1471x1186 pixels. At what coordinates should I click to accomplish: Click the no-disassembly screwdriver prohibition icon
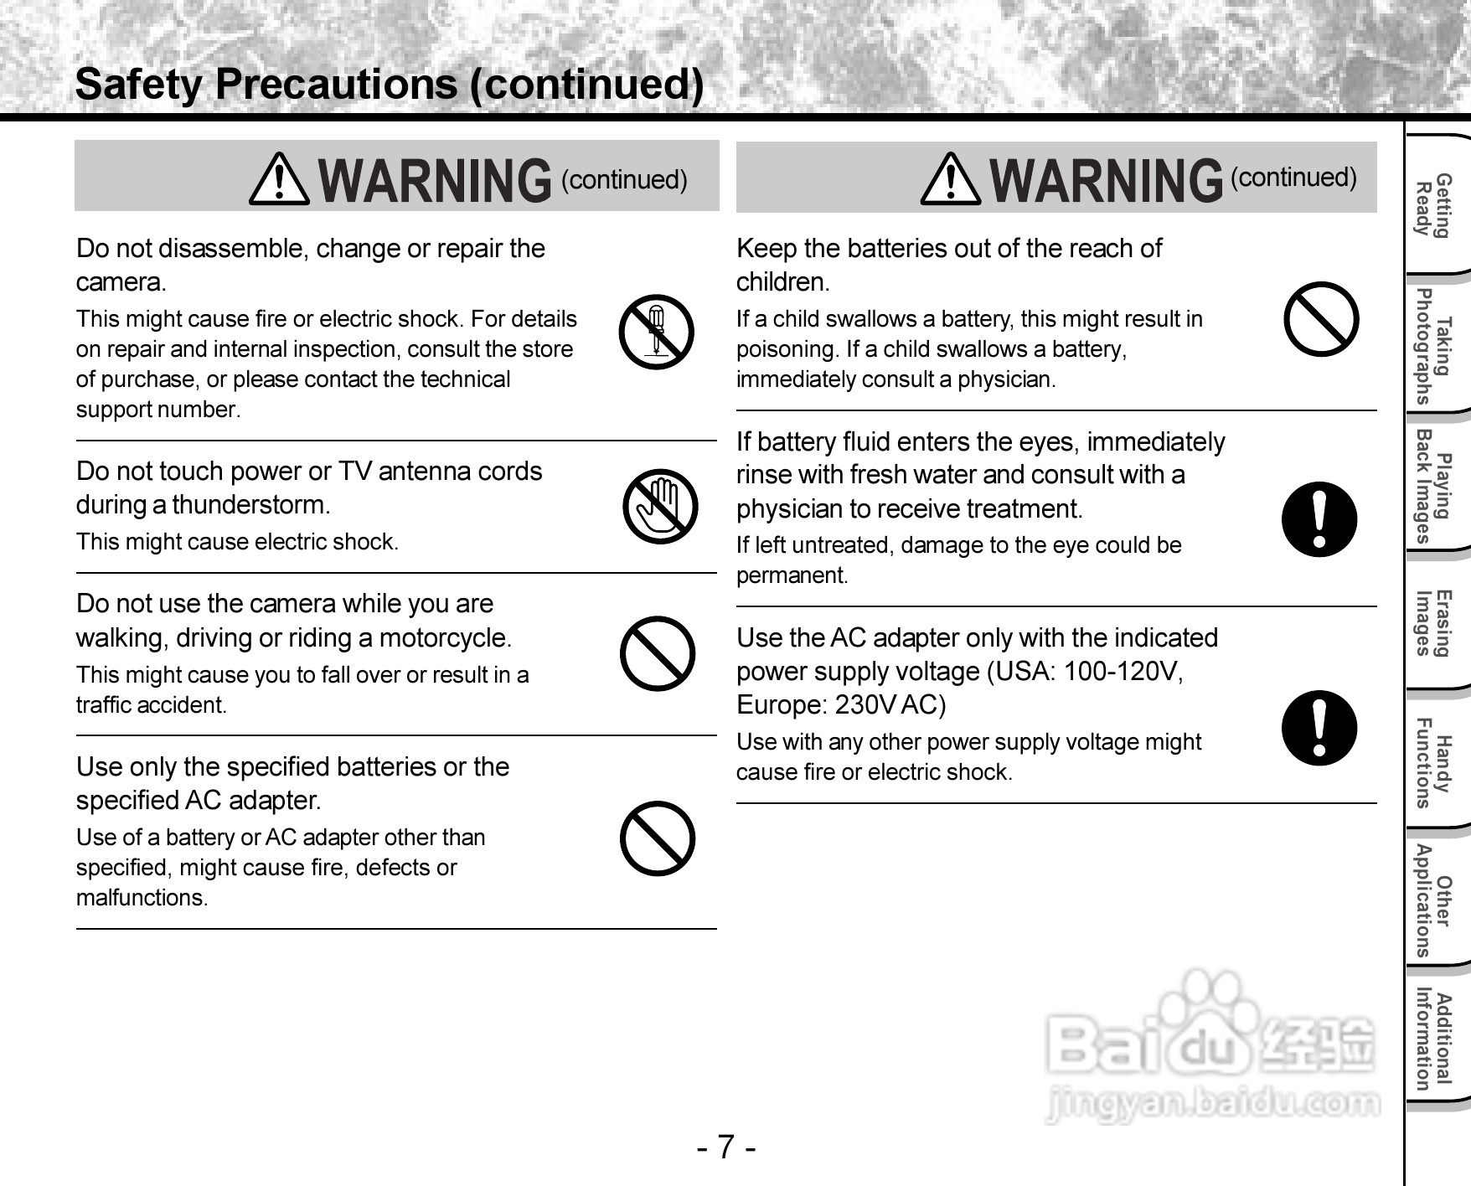coord(657,333)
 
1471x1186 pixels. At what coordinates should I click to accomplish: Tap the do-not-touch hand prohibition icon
coord(660,506)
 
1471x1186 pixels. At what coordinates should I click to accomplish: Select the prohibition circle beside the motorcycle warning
coord(658,653)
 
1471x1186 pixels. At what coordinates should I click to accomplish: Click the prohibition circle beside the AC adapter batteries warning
coord(658,838)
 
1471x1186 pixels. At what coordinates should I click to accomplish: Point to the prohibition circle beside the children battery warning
coord(1321,319)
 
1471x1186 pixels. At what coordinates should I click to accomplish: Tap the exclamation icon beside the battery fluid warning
coord(1319,519)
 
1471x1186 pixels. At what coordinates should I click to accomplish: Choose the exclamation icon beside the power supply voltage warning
coord(1319,727)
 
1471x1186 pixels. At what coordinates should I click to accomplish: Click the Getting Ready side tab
coord(1433,206)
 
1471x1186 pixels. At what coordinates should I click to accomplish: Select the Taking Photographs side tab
coord(1433,345)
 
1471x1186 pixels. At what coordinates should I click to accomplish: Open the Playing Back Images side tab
coord(1433,486)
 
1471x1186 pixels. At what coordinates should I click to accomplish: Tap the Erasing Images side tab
coord(1433,622)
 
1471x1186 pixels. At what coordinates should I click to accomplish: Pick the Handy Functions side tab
coord(1433,762)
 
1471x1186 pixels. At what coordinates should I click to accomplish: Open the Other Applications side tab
coord(1433,900)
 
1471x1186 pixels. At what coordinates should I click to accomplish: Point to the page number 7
coord(726,1146)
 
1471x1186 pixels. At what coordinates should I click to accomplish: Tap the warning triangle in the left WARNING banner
coord(279,180)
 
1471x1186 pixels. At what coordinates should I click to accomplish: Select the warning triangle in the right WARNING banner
coord(950,179)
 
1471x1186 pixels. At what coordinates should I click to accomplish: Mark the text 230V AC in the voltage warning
coord(890,705)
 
